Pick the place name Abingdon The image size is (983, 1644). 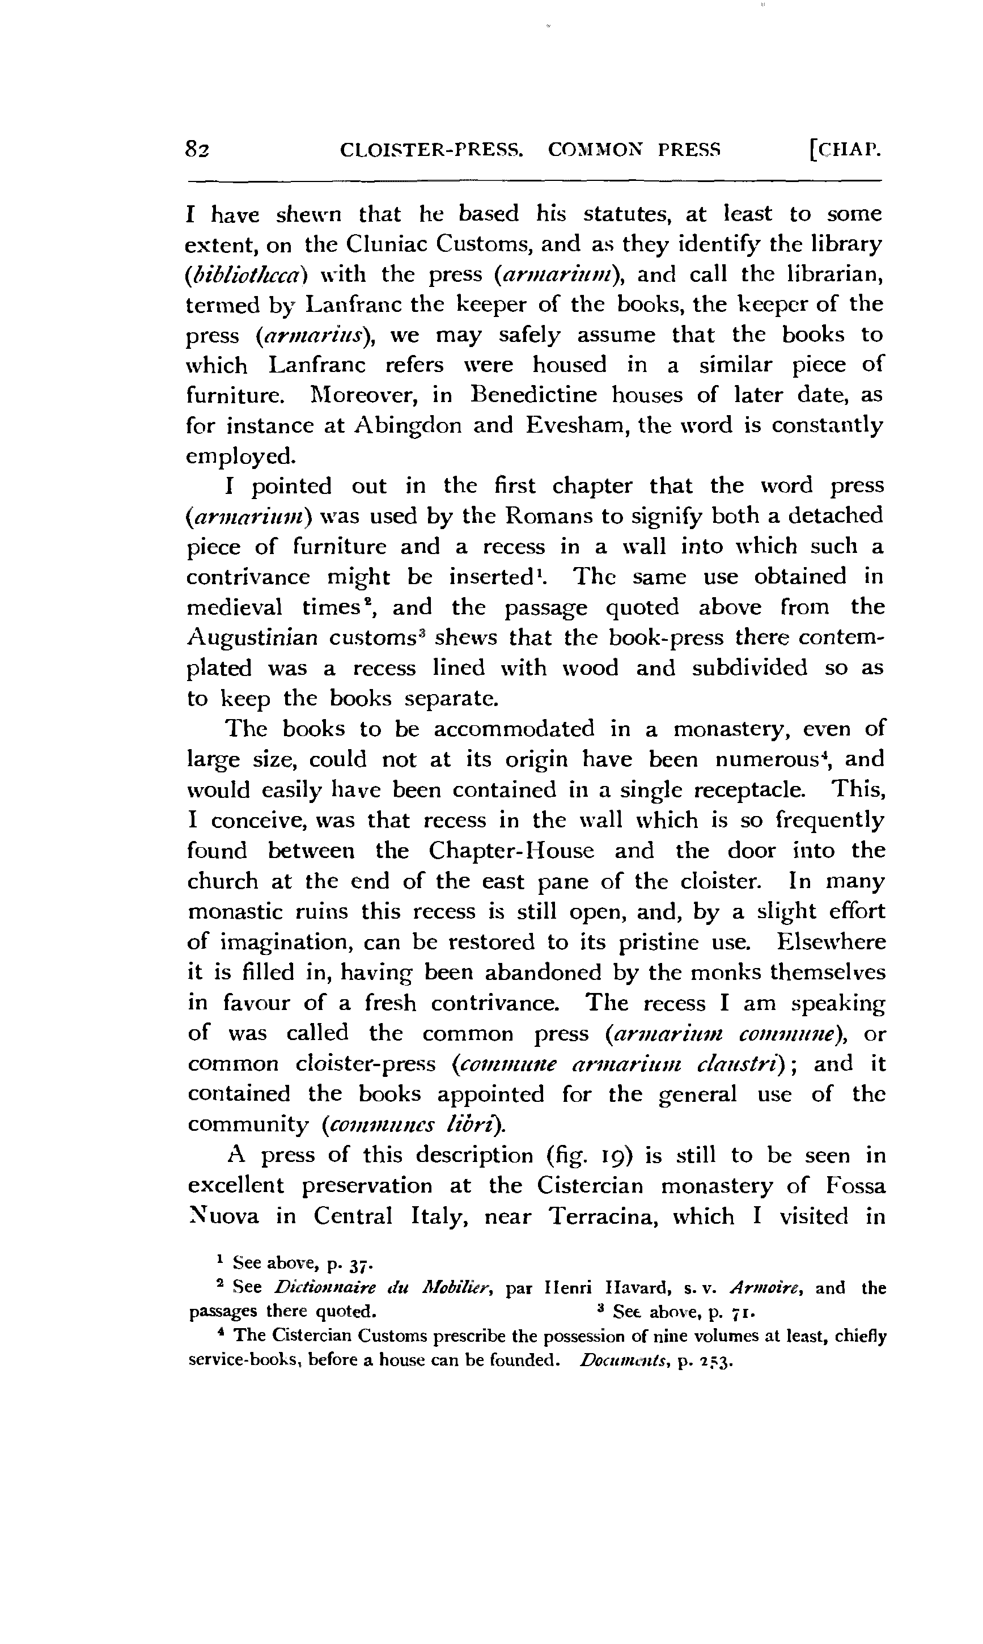tap(409, 425)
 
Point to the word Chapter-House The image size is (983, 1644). tap(511, 851)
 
